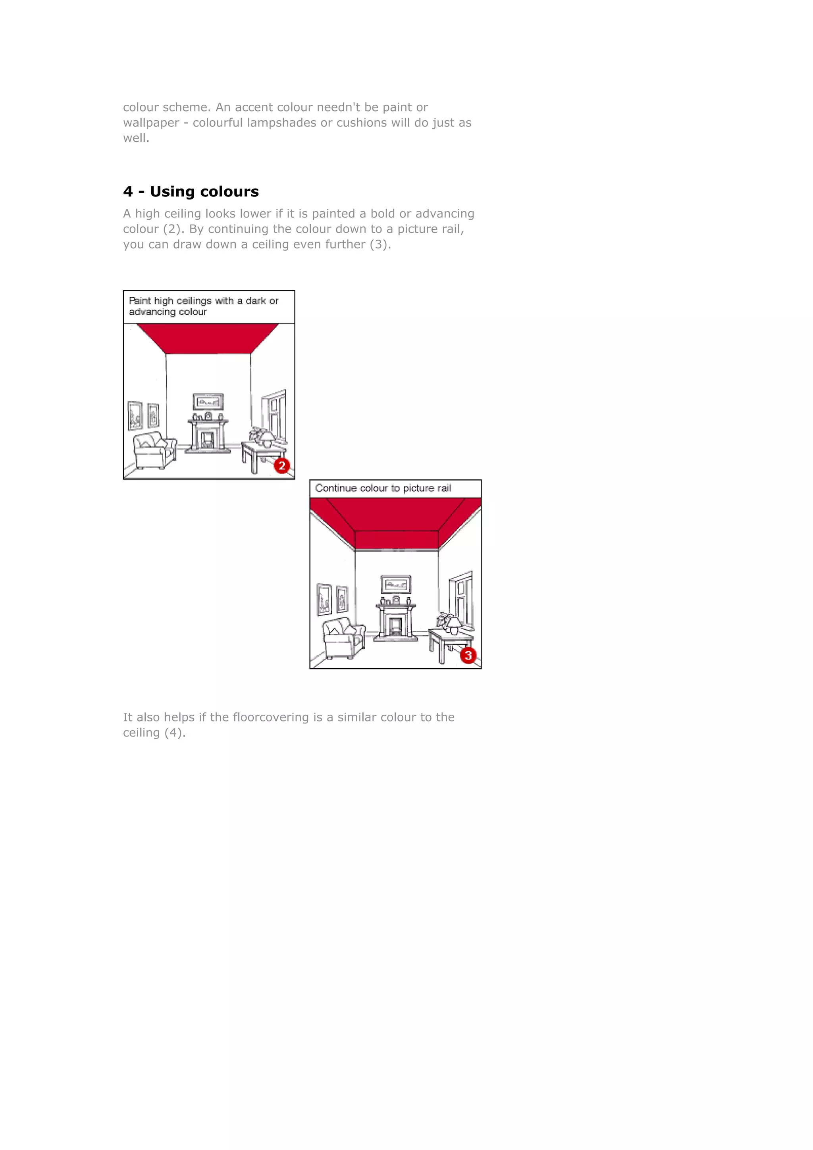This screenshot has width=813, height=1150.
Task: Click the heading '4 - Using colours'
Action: (191, 191)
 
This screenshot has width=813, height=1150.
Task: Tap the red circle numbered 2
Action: (282, 466)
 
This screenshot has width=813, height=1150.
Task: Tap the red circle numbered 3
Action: (468, 656)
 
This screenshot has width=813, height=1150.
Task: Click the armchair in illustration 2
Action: (155, 450)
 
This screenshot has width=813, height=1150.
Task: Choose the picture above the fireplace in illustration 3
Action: (396, 584)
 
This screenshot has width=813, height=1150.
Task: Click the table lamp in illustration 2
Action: (267, 439)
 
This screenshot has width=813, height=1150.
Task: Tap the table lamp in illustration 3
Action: (455, 625)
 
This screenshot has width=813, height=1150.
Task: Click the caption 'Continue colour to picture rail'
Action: (383, 488)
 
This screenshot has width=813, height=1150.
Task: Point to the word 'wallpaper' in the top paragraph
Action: (151, 123)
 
